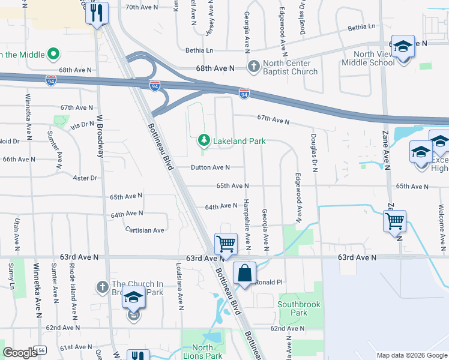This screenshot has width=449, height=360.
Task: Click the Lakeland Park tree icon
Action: click(x=204, y=140)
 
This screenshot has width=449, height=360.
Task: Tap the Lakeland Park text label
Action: click(x=238, y=141)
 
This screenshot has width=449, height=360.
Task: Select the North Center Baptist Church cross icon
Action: click(x=254, y=65)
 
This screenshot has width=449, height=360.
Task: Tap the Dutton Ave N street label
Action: click(x=210, y=167)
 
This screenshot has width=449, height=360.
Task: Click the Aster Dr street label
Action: click(x=85, y=178)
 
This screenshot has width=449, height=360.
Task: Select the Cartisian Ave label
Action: click(x=145, y=230)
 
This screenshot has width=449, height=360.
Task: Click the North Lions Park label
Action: click(x=202, y=352)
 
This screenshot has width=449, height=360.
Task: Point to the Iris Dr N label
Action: click(x=82, y=124)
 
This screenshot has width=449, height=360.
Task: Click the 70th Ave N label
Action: click(x=142, y=7)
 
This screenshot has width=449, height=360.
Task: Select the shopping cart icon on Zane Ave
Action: click(x=394, y=221)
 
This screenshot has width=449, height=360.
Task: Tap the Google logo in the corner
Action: click(x=20, y=353)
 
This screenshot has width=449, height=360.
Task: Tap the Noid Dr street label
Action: click(x=10, y=142)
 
